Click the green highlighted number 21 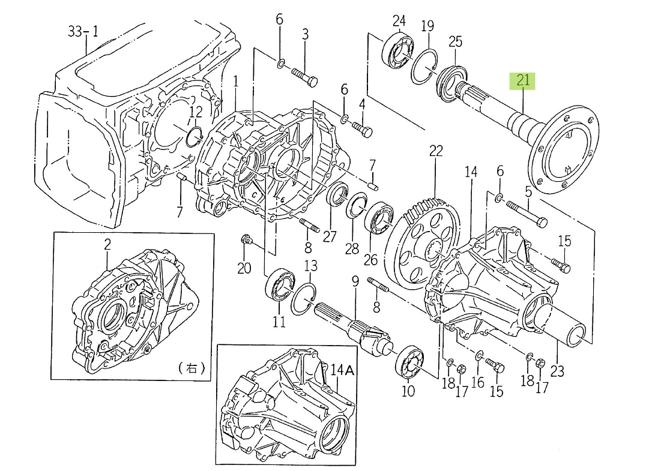(523, 80)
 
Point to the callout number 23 (557, 371)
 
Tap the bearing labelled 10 (411, 364)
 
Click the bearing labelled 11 (279, 285)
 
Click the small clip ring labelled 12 (194, 136)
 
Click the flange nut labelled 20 (244, 241)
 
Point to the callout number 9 (355, 281)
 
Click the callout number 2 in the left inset (107, 244)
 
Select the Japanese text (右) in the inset (192, 368)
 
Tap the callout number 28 (352, 248)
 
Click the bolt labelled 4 (363, 128)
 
